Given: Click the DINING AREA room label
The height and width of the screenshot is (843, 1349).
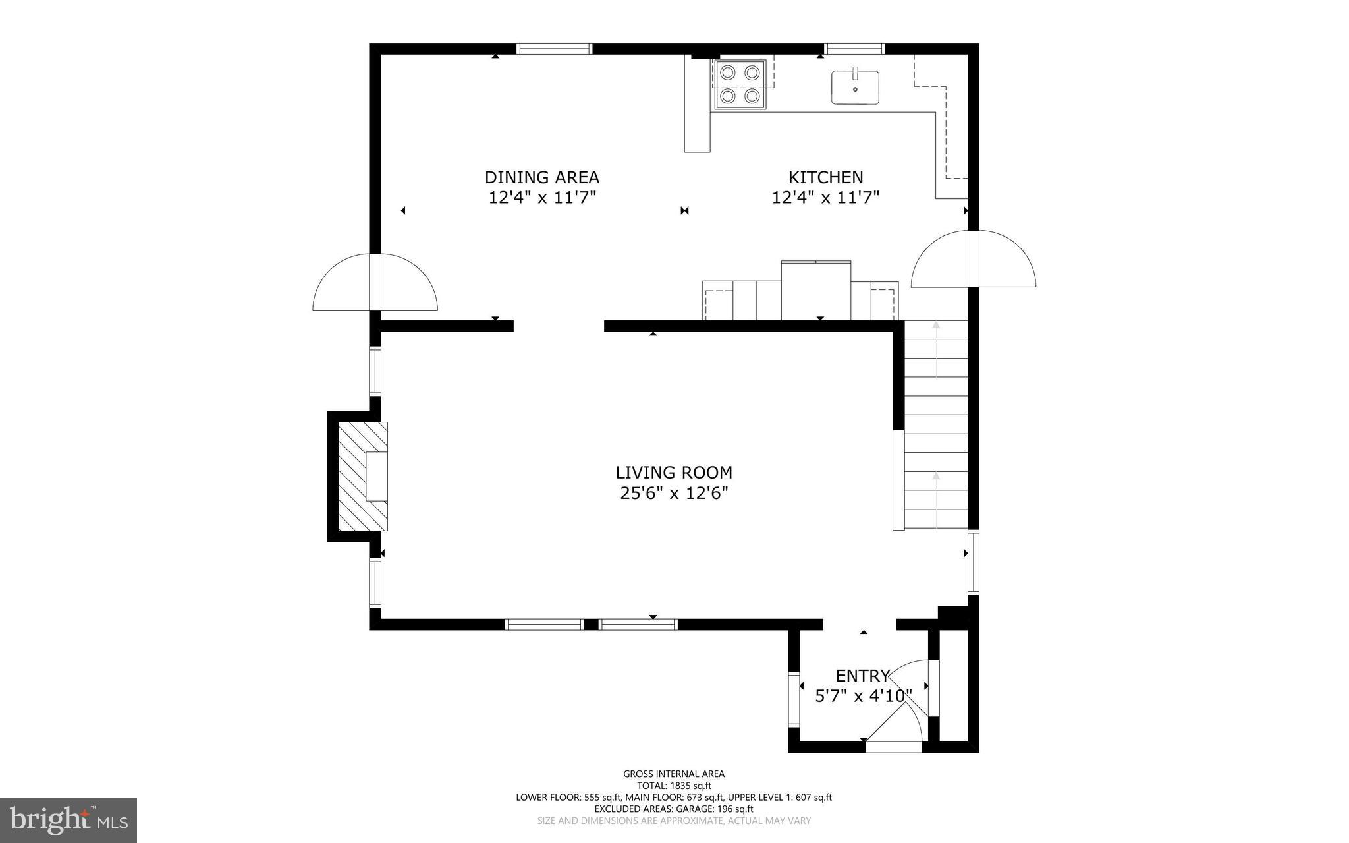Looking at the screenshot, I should pos(541,177).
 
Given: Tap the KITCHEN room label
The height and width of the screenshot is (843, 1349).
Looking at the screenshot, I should pos(825,177).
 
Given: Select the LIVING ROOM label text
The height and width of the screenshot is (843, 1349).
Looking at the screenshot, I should pos(674,473).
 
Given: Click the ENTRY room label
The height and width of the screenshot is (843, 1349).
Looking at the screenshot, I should pos(862,676).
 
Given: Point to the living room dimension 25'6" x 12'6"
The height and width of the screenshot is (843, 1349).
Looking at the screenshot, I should pos(674,493).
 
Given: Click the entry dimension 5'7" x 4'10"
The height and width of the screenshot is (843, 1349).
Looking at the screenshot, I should pos(863,696).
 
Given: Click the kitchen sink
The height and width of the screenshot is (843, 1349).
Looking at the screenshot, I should pos(855,88).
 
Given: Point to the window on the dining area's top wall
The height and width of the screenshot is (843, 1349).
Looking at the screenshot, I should pos(554,48).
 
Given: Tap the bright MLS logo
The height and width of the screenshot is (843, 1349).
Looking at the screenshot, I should pos(69,821).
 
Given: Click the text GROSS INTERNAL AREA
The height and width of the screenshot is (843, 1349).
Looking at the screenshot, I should pos(674,774).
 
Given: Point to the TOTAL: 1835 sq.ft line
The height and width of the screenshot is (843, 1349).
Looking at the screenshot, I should pos(674,786).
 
